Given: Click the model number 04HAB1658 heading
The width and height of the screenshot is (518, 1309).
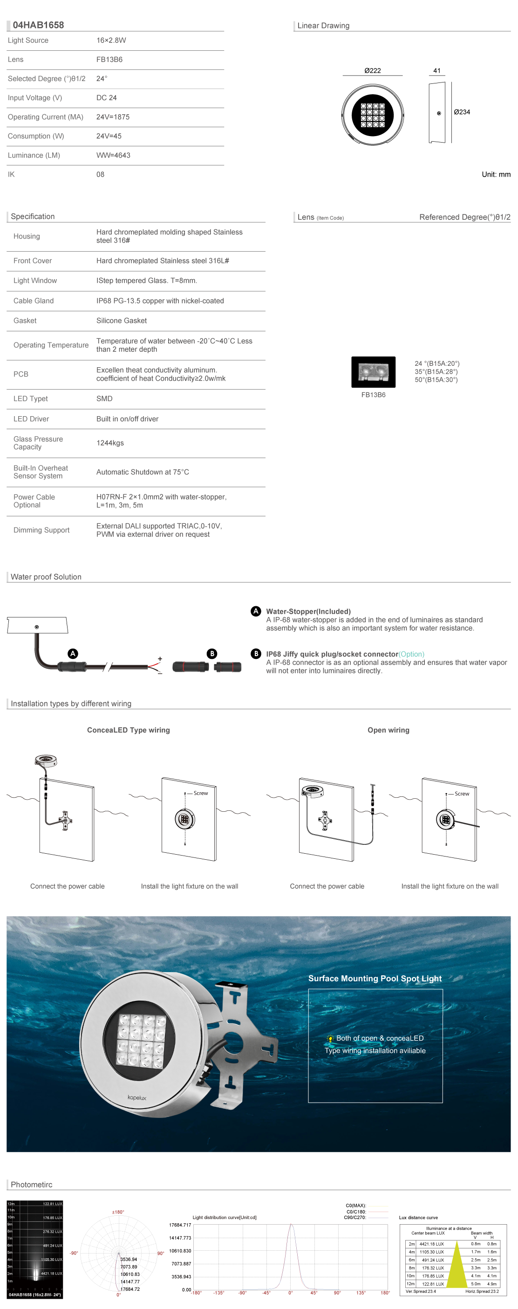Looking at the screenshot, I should [x=38, y=25].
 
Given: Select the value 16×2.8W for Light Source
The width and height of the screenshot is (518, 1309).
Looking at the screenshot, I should [x=111, y=41].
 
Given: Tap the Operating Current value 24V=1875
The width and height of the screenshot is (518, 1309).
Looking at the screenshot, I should [x=113, y=117].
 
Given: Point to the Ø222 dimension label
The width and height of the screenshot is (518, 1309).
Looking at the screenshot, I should [x=372, y=71].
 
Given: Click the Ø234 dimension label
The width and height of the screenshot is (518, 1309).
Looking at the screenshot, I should [x=462, y=112].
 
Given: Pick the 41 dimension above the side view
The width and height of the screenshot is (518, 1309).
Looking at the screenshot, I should [x=437, y=71].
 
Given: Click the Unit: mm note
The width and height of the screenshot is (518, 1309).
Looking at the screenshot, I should [x=496, y=174].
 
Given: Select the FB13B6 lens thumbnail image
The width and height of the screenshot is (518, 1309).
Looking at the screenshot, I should [x=373, y=372].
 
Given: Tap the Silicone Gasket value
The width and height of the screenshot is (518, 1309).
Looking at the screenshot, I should [x=122, y=321].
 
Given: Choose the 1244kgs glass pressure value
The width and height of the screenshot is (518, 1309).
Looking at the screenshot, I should [x=110, y=443].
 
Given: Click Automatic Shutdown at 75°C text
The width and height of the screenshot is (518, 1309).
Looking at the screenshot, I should [x=143, y=472].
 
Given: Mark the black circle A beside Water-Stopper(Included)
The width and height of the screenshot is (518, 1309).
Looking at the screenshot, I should [x=256, y=611].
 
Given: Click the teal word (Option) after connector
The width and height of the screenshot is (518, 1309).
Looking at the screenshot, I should [x=411, y=654].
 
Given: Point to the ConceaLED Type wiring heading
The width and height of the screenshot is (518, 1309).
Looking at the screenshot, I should [x=129, y=730].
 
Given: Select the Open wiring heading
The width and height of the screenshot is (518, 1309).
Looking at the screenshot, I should [x=388, y=730].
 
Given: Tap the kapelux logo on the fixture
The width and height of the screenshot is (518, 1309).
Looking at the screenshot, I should [x=137, y=1097].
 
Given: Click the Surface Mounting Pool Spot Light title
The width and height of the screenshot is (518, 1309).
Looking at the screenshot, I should [x=375, y=979].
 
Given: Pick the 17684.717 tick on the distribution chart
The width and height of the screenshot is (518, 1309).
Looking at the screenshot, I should [x=180, y=1225].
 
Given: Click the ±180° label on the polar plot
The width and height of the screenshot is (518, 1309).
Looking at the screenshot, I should [x=118, y=1212].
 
